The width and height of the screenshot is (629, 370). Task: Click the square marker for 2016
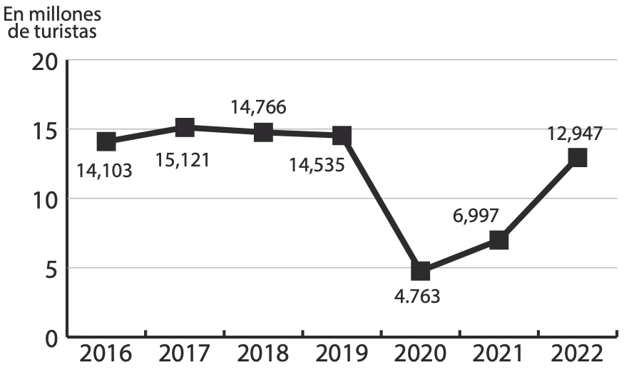click(x=106, y=141)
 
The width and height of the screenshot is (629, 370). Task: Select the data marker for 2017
click(x=185, y=128)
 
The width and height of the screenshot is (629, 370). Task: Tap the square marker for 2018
click(x=263, y=132)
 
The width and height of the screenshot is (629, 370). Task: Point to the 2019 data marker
click(x=342, y=135)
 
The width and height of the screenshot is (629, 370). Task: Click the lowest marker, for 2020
click(x=420, y=271)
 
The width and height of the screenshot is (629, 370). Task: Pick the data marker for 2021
click(x=498, y=240)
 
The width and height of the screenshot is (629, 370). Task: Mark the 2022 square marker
click(x=578, y=158)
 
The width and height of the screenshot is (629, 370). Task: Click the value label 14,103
click(x=105, y=171)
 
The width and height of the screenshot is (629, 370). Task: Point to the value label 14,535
click(x=317, y=166)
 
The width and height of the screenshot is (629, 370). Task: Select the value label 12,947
click(x=575, y=133)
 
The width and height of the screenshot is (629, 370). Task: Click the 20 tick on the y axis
click(x=45, y=61)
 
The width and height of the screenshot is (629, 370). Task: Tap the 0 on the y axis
click(x=51, y=337)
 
